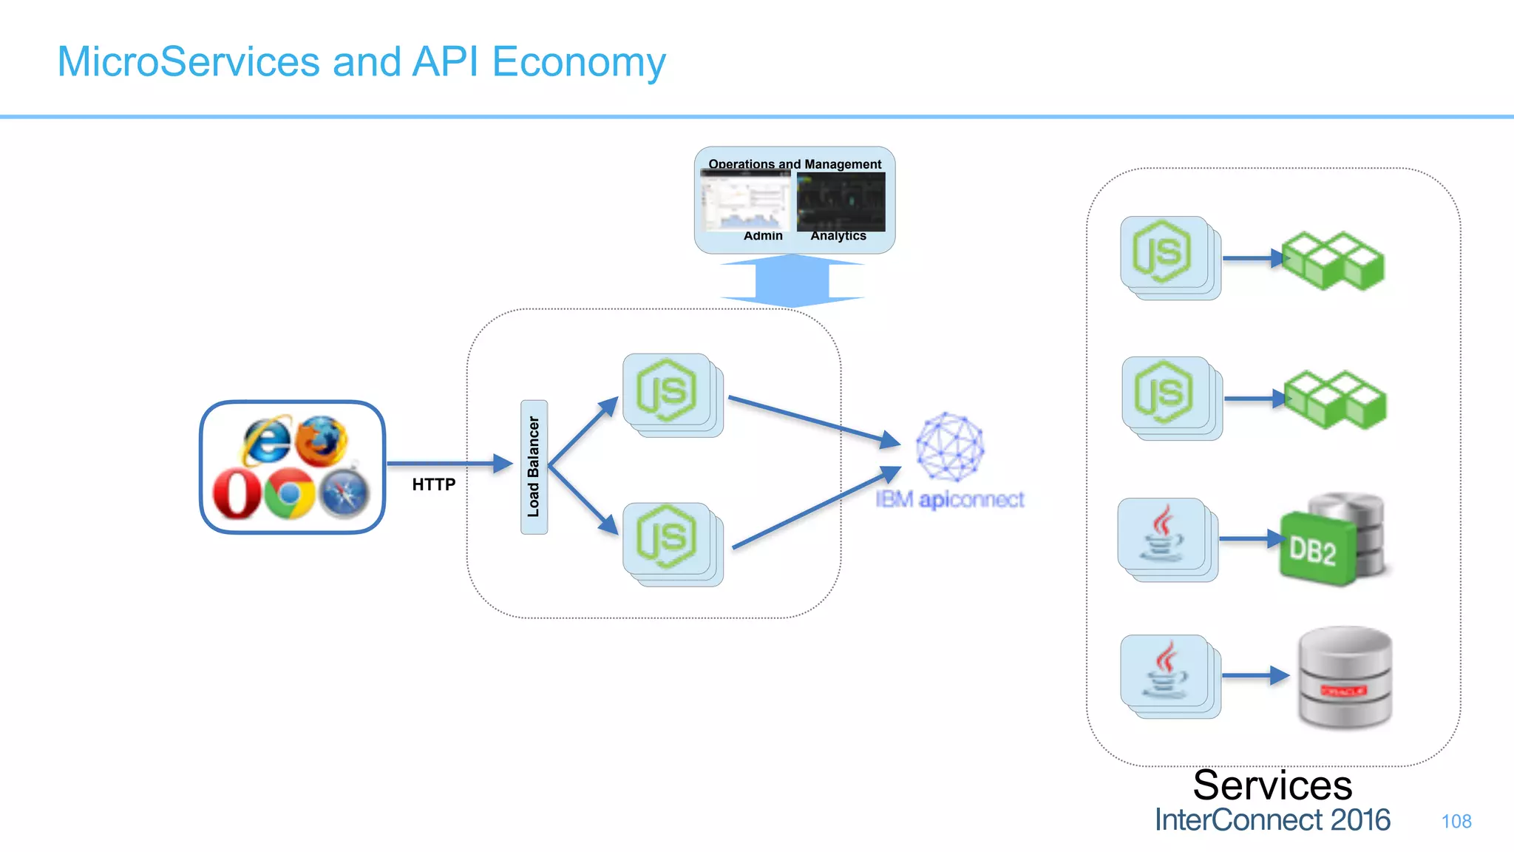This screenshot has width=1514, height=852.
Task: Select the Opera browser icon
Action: (237, 493)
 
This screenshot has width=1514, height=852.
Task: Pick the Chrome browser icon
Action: (289, 493)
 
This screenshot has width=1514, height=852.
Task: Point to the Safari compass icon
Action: (344, 493)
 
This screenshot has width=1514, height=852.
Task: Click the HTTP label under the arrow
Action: (434, 484)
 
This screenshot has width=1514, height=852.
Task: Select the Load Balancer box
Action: (534, 467)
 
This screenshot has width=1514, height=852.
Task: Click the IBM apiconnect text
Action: (950, 500)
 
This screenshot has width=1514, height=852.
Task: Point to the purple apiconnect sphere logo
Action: (950, 447)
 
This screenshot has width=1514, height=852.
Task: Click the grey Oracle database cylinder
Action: (1345, 677)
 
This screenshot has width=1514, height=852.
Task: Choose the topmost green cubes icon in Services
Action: (1332, 260)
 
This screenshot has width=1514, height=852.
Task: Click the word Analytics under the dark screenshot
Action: (838, 236)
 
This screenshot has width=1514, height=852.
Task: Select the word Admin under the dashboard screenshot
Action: (763, 236)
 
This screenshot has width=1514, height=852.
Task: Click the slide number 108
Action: (1456, 821)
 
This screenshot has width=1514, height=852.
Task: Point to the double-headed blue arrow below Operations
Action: (792, 280)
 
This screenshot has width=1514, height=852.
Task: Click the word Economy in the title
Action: (579, 61)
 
